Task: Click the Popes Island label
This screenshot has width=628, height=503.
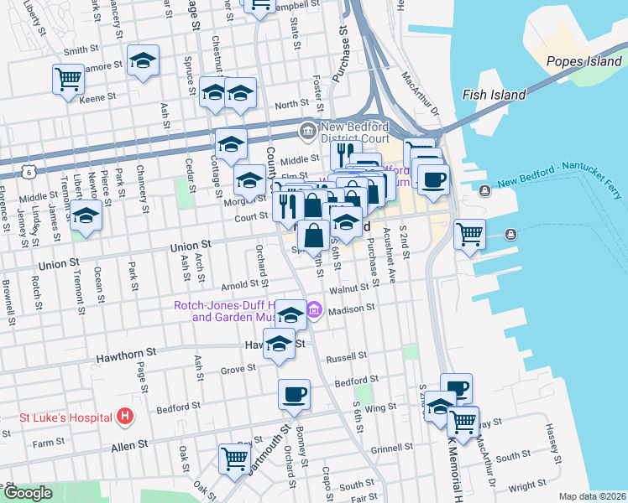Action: point(582,61)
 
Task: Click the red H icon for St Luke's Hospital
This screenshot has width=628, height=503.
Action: point(124,415)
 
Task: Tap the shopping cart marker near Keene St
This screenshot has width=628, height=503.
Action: point(68,80)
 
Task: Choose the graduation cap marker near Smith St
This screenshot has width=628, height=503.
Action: point(144,60)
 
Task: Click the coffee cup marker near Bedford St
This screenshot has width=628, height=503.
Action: point(294,394)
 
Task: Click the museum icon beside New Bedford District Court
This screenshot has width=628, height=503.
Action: point(307,131)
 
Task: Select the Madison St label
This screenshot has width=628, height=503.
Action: point(351,309)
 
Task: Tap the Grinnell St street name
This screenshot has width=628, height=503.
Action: point(388,449)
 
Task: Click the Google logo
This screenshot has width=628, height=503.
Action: point(28,493)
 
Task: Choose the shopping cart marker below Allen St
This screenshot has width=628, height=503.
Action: point(234,458)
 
